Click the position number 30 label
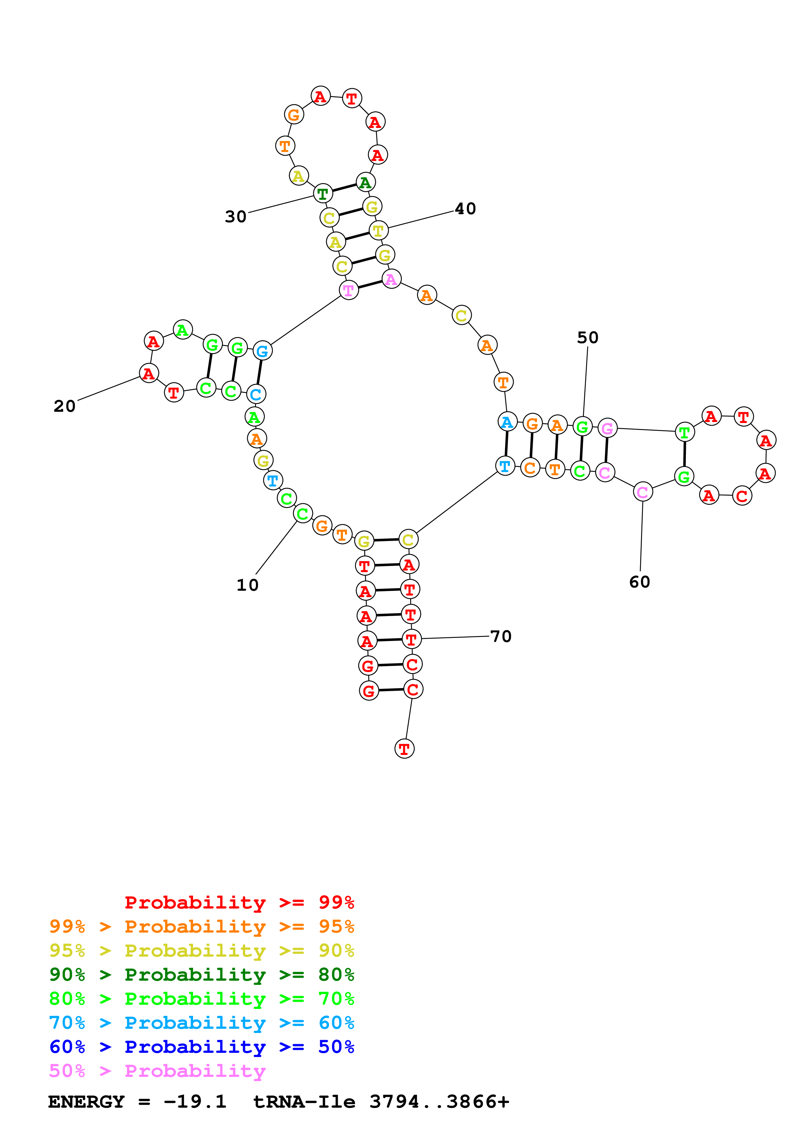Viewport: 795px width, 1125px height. (236, 216)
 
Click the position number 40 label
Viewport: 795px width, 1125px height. (465, 209)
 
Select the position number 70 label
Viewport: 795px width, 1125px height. (501, 637)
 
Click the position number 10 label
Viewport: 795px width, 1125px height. (247, 585)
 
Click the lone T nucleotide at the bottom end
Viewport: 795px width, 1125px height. (404, 749)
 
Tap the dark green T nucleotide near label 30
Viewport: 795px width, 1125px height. (322, 194)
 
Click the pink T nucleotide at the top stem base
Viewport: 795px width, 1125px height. (348, 291)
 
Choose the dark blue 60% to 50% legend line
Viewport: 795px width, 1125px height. (201, 1047)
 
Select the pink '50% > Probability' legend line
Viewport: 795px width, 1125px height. (157, 1071)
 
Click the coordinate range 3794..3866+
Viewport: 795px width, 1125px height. (439, 1102)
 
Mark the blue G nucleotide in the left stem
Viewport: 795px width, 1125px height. (262, 351)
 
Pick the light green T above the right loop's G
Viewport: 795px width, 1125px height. (684, 433)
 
